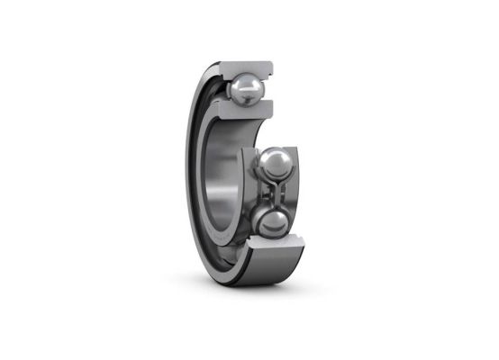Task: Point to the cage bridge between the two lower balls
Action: [275, 193]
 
